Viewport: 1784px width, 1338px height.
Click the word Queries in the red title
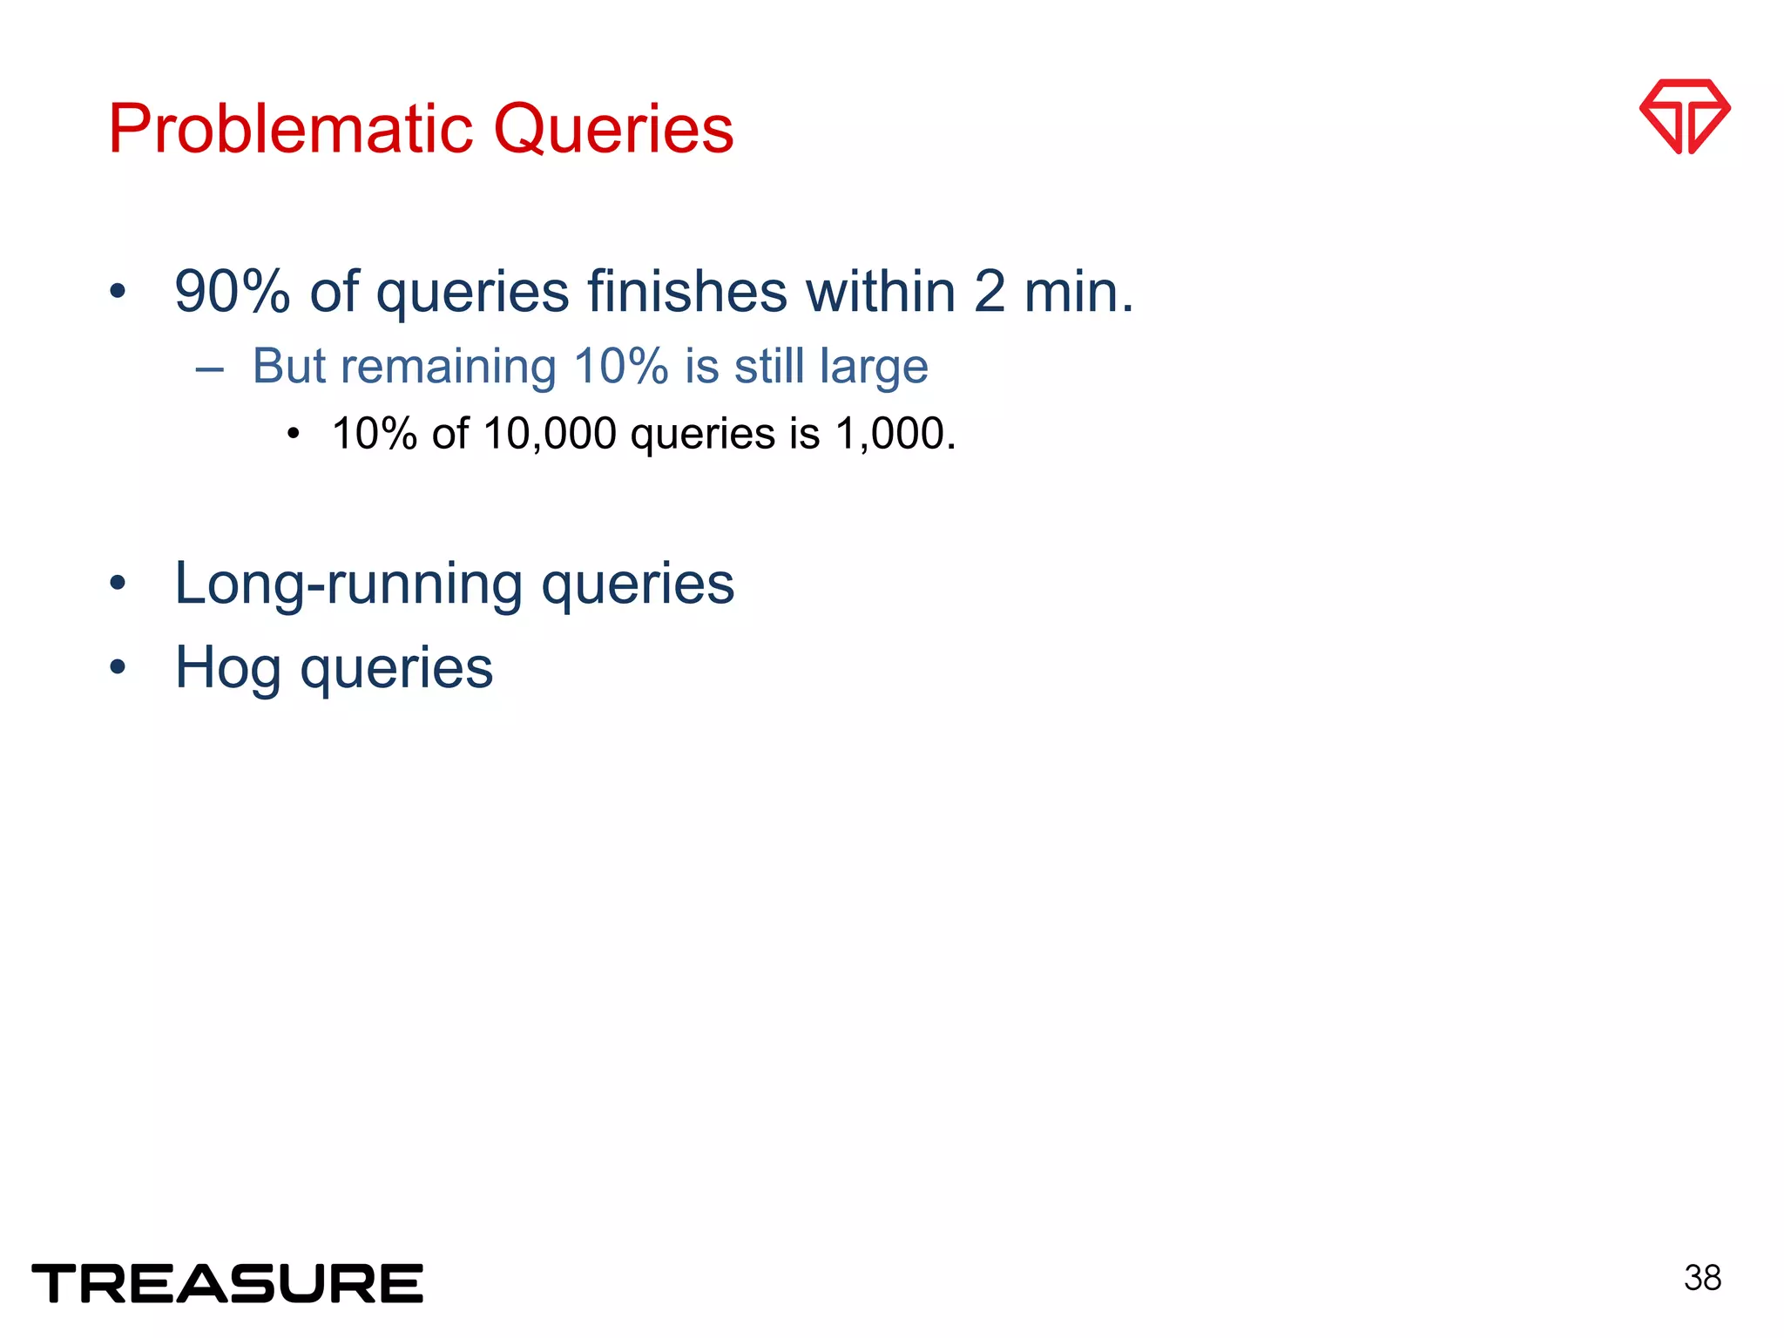pos(613,129)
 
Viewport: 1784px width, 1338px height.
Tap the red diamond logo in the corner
pos(1684,117)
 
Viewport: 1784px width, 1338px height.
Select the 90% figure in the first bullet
pos(232,292)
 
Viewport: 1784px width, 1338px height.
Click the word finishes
pos(686,292)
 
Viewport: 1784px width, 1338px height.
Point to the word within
pos(880,292)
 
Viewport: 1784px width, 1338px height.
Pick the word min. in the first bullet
pos(1078,292)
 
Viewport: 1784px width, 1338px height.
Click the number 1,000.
pos(895,434)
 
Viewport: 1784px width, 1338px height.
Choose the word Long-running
pos(348,584)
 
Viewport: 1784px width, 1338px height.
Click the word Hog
pos(228,668)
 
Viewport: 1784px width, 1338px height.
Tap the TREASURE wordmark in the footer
pos(227,1283)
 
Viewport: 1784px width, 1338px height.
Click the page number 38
pos(1702,1278)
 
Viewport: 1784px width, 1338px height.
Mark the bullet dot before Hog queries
pos(118,668)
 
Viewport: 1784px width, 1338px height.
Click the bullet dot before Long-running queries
pos(118,584)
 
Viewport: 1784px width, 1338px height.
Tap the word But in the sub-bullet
pos(288,367)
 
